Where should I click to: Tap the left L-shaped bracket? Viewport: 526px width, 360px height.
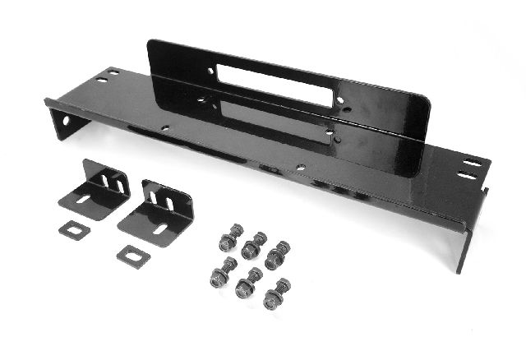[x=94, y=190]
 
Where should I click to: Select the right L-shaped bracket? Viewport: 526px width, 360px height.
[x=158, y=212]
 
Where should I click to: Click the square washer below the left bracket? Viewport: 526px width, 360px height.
[x=75, y=230]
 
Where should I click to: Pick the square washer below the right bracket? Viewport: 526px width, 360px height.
[x=132, y=256]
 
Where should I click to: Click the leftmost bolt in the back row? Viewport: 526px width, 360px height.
[x=229, y=238]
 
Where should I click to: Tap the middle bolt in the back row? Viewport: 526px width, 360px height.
[x=253, y=245]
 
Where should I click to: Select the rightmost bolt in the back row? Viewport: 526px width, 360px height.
[x=277, y=255]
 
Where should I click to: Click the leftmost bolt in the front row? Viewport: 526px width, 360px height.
[x=221, y=275]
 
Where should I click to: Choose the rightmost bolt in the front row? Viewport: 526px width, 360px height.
[x=275, y=295]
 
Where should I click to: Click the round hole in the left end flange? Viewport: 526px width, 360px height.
[x=64, y=121]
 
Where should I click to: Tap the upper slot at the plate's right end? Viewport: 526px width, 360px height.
[x=472, y=163]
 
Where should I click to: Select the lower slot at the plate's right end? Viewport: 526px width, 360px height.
[x=466, y=175]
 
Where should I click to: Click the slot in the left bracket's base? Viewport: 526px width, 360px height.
[x=84, y=198]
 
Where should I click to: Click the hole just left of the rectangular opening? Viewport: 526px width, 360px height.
[x=210, y=72]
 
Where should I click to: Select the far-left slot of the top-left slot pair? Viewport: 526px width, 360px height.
[x=102, y=80]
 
